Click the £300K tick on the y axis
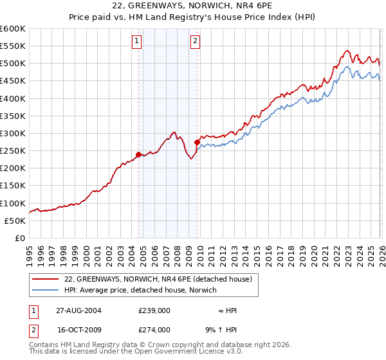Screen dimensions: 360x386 (13, 133)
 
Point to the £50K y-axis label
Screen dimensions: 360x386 (15, 221)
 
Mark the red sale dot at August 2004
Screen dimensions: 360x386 (139, 154)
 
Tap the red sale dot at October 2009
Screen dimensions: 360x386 (197, 142)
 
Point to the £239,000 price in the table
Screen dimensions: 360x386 (154, 310)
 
